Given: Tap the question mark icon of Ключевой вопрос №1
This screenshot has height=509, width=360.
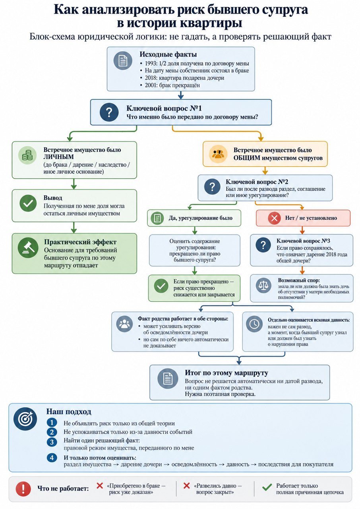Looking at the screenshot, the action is [109, 112].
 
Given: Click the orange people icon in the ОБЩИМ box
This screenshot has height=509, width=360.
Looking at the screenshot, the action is [218, 154].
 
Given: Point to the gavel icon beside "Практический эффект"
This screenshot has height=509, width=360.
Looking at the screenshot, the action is [28, 248].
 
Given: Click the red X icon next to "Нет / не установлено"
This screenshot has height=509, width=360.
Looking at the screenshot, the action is [274, 218].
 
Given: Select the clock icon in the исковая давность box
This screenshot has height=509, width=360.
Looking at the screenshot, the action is [254, 324].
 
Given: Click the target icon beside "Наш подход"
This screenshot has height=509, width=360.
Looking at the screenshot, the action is [25, 419].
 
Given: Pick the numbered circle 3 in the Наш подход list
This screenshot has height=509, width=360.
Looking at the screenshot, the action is [52, 442].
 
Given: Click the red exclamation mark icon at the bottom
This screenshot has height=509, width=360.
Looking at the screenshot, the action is [23, 489].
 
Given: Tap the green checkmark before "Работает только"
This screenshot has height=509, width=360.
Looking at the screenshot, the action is [267, 487].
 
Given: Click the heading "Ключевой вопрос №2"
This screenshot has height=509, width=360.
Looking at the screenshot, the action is [257, 182].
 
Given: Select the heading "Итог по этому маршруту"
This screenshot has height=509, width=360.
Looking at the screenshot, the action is [226, 373].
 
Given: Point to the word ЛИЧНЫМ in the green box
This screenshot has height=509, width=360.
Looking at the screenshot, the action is [58, 157].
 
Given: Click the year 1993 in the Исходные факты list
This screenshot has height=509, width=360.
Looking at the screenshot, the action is [151, 63].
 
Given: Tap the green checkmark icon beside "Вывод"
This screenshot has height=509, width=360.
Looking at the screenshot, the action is [28, 203].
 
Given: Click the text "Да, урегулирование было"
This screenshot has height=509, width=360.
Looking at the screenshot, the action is [200, 218].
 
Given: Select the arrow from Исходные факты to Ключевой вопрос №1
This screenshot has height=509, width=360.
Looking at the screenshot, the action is [181, 95].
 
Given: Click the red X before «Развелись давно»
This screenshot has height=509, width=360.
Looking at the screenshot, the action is [186, 486].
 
